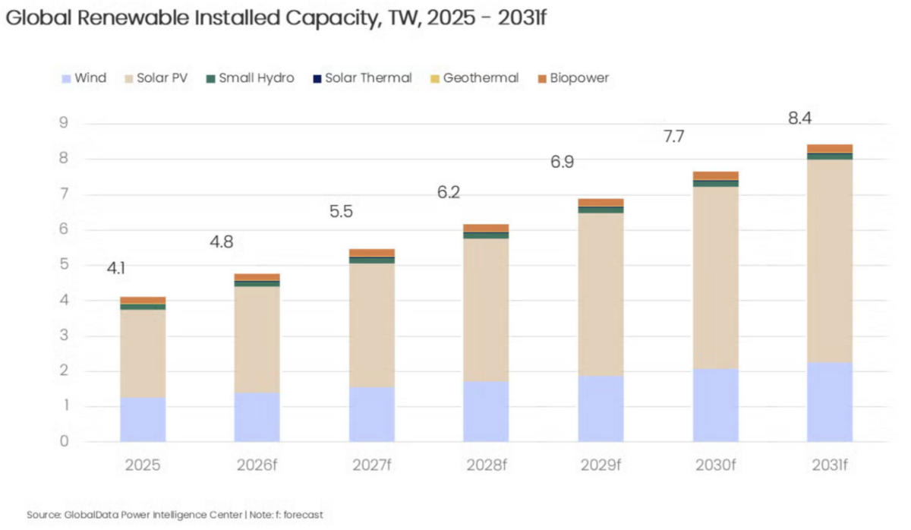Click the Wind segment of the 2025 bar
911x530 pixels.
pos(143,419)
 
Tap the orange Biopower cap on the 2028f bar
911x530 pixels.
pos(486,228)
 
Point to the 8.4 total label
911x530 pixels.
pos(800,118)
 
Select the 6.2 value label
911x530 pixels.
pos(448,192)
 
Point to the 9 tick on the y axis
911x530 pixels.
pos(63,124)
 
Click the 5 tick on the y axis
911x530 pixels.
pos(63,265)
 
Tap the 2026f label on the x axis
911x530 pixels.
pos(257,465)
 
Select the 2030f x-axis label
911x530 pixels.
pos(714,465)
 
